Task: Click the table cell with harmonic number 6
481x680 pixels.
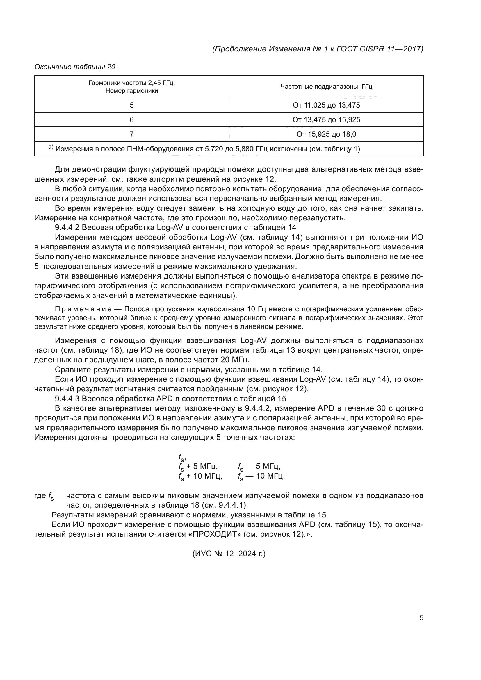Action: pos(131,120)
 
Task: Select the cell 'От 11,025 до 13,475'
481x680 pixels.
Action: pos(326,105)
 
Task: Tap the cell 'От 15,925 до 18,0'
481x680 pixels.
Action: pos(326,134)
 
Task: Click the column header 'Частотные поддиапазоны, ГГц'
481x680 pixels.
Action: pos(326,86)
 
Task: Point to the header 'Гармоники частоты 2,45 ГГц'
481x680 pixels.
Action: pos(131,83)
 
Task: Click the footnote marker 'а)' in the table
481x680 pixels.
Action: pos(51,147)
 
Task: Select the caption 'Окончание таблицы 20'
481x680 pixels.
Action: pos(75,67)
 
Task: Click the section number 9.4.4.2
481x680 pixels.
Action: pos(67,227)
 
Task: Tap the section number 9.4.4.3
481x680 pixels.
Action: pos(67,398)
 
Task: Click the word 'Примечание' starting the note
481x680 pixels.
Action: pos(83,309)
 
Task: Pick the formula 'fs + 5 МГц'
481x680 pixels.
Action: pos(198,466)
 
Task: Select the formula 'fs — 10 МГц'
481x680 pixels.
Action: pos(261,476)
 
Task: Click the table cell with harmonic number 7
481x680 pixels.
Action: pos(131,134)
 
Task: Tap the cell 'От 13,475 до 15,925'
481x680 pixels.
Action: pos(326,120)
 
